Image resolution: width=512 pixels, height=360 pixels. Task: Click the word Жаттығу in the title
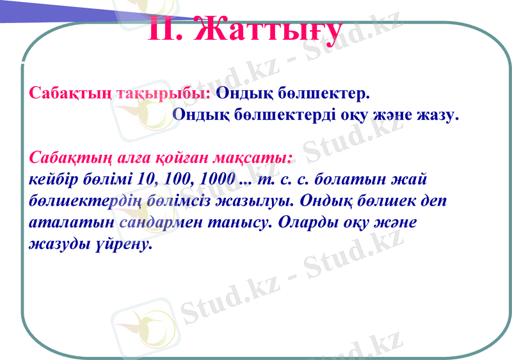tap(268, 29)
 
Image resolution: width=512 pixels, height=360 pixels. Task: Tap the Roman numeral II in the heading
tap(167, 29)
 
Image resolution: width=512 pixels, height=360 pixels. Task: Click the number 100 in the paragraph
tap(179, 179)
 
